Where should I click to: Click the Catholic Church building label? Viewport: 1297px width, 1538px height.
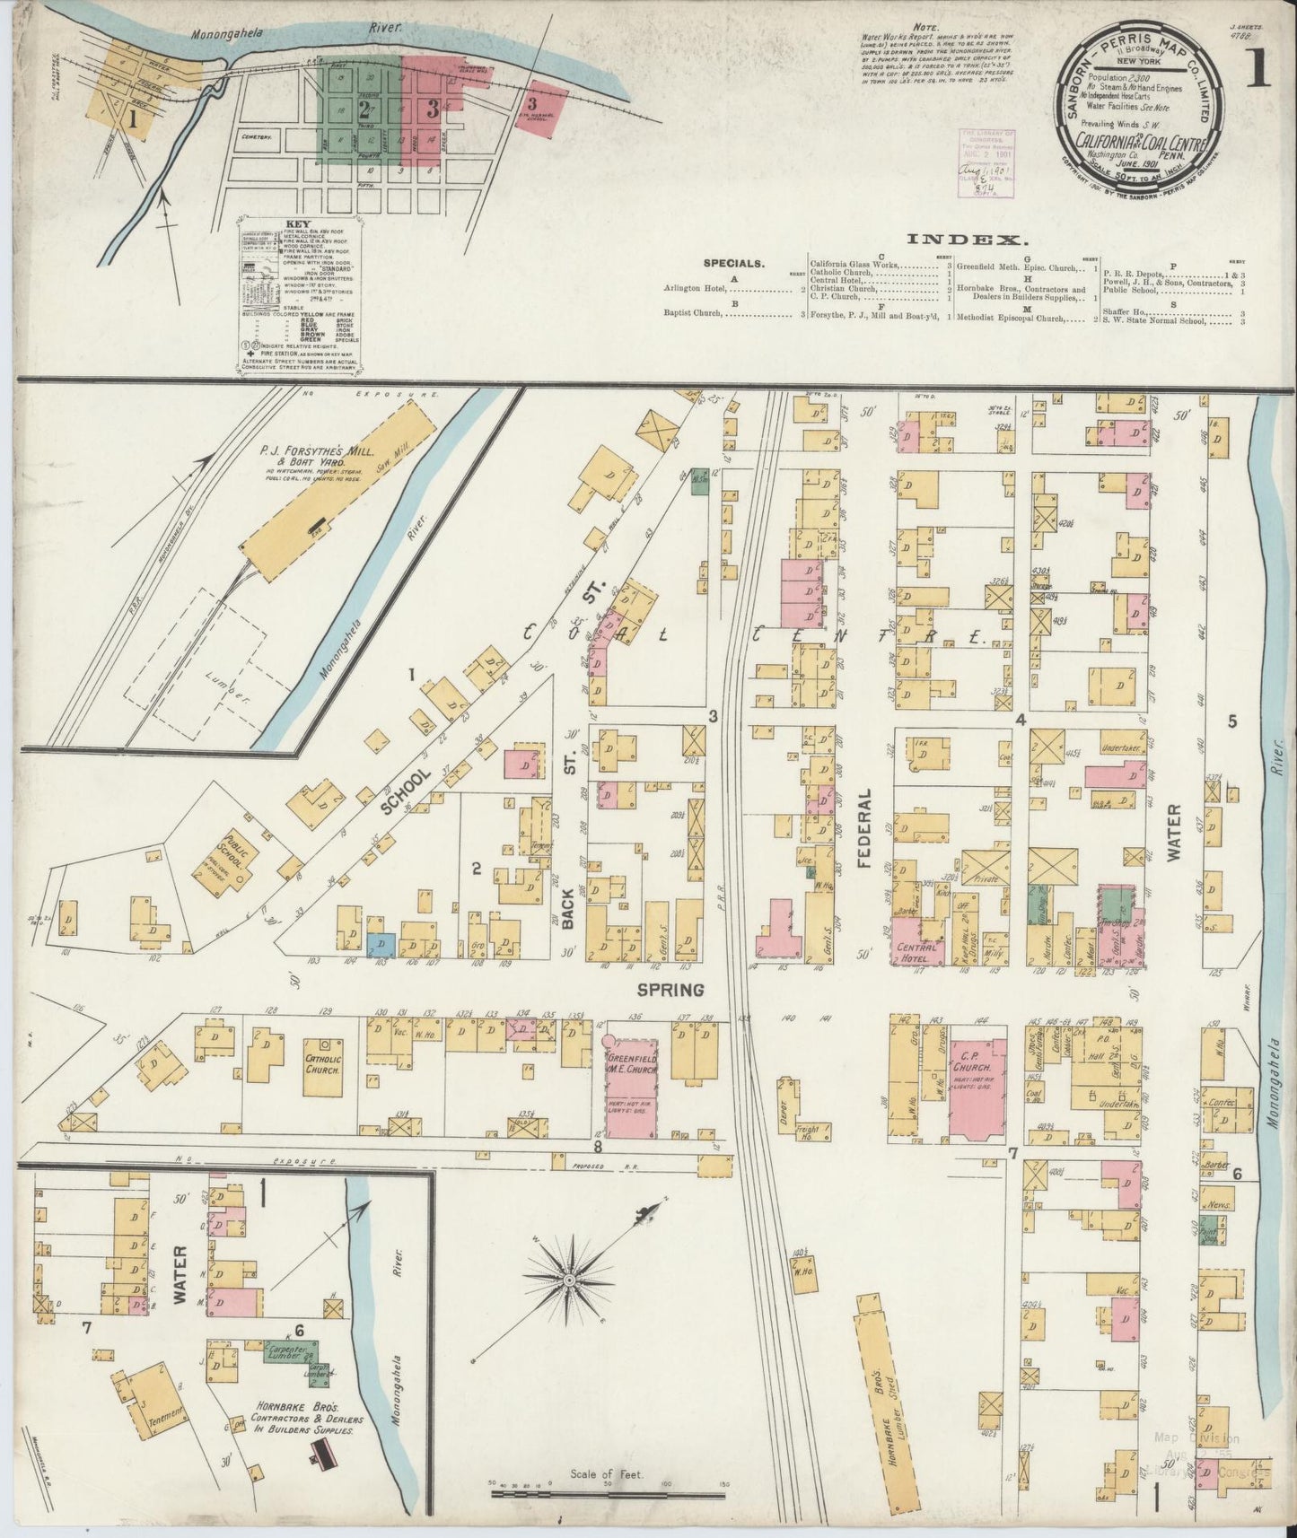click(x=321, y=1055)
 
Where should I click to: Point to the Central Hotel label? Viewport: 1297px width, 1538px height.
click(x=916, y=952)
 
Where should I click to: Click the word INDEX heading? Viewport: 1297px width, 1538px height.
click(x=967, y=239)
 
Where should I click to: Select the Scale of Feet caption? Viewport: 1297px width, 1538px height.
click(x=609, y=1473)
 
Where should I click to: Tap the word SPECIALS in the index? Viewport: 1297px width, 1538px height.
click(x=733, y=264)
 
